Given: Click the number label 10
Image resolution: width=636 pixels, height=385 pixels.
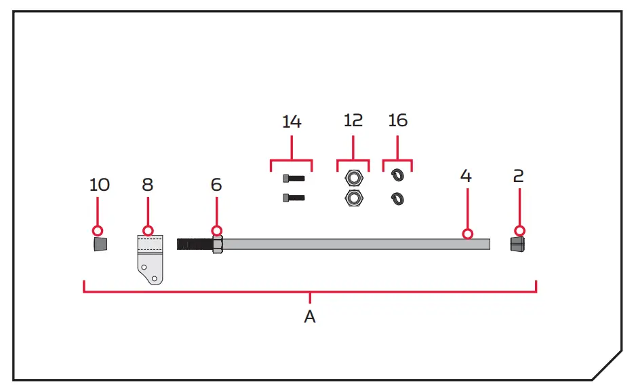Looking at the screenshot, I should pyautogui.click(x=99, y=185).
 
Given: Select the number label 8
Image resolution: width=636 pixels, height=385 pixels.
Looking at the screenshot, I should pyautogui.click(x=147, y=185).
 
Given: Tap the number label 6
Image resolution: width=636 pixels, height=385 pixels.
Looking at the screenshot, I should pyautogui.click(x=216, y=185).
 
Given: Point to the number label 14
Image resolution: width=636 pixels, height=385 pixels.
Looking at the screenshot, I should pyautogui.click(x=292, y=122).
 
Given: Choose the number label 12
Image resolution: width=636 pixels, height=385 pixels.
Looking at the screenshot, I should pyautogui.click(x=353, y=121).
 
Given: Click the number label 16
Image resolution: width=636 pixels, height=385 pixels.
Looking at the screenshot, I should pyautogui.click(x=397, y=121).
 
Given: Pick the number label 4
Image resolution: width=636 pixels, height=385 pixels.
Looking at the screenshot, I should pyautogui.click(x=466, y=176).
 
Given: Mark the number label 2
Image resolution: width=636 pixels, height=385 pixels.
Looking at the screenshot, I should pyautogui.click(x=519, y=176).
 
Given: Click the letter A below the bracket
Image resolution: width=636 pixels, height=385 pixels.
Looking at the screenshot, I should pyautogui.click(x=310, y=317).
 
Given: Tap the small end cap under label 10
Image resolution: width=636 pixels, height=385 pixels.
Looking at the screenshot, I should pyautogui.click(x=100, y=244).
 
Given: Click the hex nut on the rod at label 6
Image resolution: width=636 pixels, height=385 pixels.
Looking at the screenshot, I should pyautogui.click(x=217, y=244).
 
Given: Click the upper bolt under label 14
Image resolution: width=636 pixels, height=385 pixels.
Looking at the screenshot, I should pyautogui.click(x=292, y=179).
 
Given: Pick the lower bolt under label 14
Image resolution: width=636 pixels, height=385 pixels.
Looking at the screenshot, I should pyautogui.click(x=292, y=198).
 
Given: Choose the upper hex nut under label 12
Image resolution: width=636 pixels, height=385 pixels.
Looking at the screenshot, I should pyautogui.click(x=353, y=179).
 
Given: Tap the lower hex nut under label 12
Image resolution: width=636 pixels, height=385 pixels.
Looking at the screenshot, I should pyautogui.click(x=353, y=198).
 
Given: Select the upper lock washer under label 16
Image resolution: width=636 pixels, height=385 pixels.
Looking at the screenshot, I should pyautogui.click(x=397, y=177).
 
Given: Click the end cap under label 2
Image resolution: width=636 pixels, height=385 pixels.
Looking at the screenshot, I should pyautogui.click(x=519, y=244).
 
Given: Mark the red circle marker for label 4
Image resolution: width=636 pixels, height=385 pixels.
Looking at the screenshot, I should pyautogui.click(x=467, y=234).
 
